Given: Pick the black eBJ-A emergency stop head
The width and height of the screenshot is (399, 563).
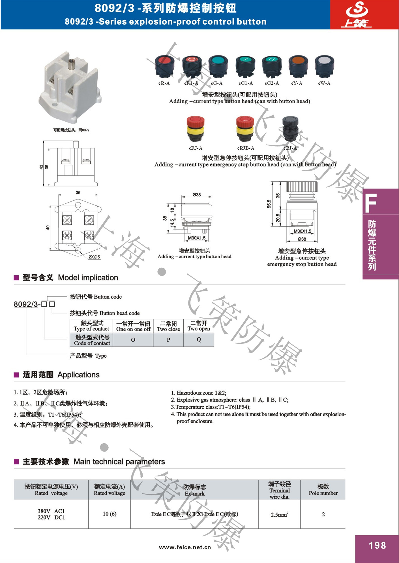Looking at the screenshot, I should [x=290, y=129].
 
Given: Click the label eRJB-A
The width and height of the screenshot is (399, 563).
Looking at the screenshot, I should [x=246, y=148].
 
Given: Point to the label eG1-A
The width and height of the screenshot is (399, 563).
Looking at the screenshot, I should [x=246, y=83].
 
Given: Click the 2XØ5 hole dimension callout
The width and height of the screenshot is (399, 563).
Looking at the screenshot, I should [x=94, y=257].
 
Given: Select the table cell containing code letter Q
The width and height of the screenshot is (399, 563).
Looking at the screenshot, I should [x=199, y=339].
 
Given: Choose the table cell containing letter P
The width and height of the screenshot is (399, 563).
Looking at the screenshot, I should [x=168, y=339].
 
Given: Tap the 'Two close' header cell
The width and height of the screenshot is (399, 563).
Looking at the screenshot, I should [x=168, y=326].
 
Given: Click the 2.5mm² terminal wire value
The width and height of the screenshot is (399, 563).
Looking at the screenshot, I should [x=279, y=514].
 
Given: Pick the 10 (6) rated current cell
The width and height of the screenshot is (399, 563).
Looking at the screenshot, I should [x=110, y=514].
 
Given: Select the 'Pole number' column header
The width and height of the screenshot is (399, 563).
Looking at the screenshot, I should [x=323, y=490].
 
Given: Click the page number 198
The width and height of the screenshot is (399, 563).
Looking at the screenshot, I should [x=377, y=545].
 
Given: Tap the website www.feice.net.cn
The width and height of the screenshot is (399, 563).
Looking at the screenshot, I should [x=185, y=547].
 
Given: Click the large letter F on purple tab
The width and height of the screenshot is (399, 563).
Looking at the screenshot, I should [x=371, y=203].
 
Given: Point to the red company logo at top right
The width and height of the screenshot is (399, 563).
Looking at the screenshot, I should [x=357, y=15].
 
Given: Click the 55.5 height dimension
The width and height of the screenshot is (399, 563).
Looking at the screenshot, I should [x=269, y=204].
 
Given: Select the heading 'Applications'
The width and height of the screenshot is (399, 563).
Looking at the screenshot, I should [x=78, y=375].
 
